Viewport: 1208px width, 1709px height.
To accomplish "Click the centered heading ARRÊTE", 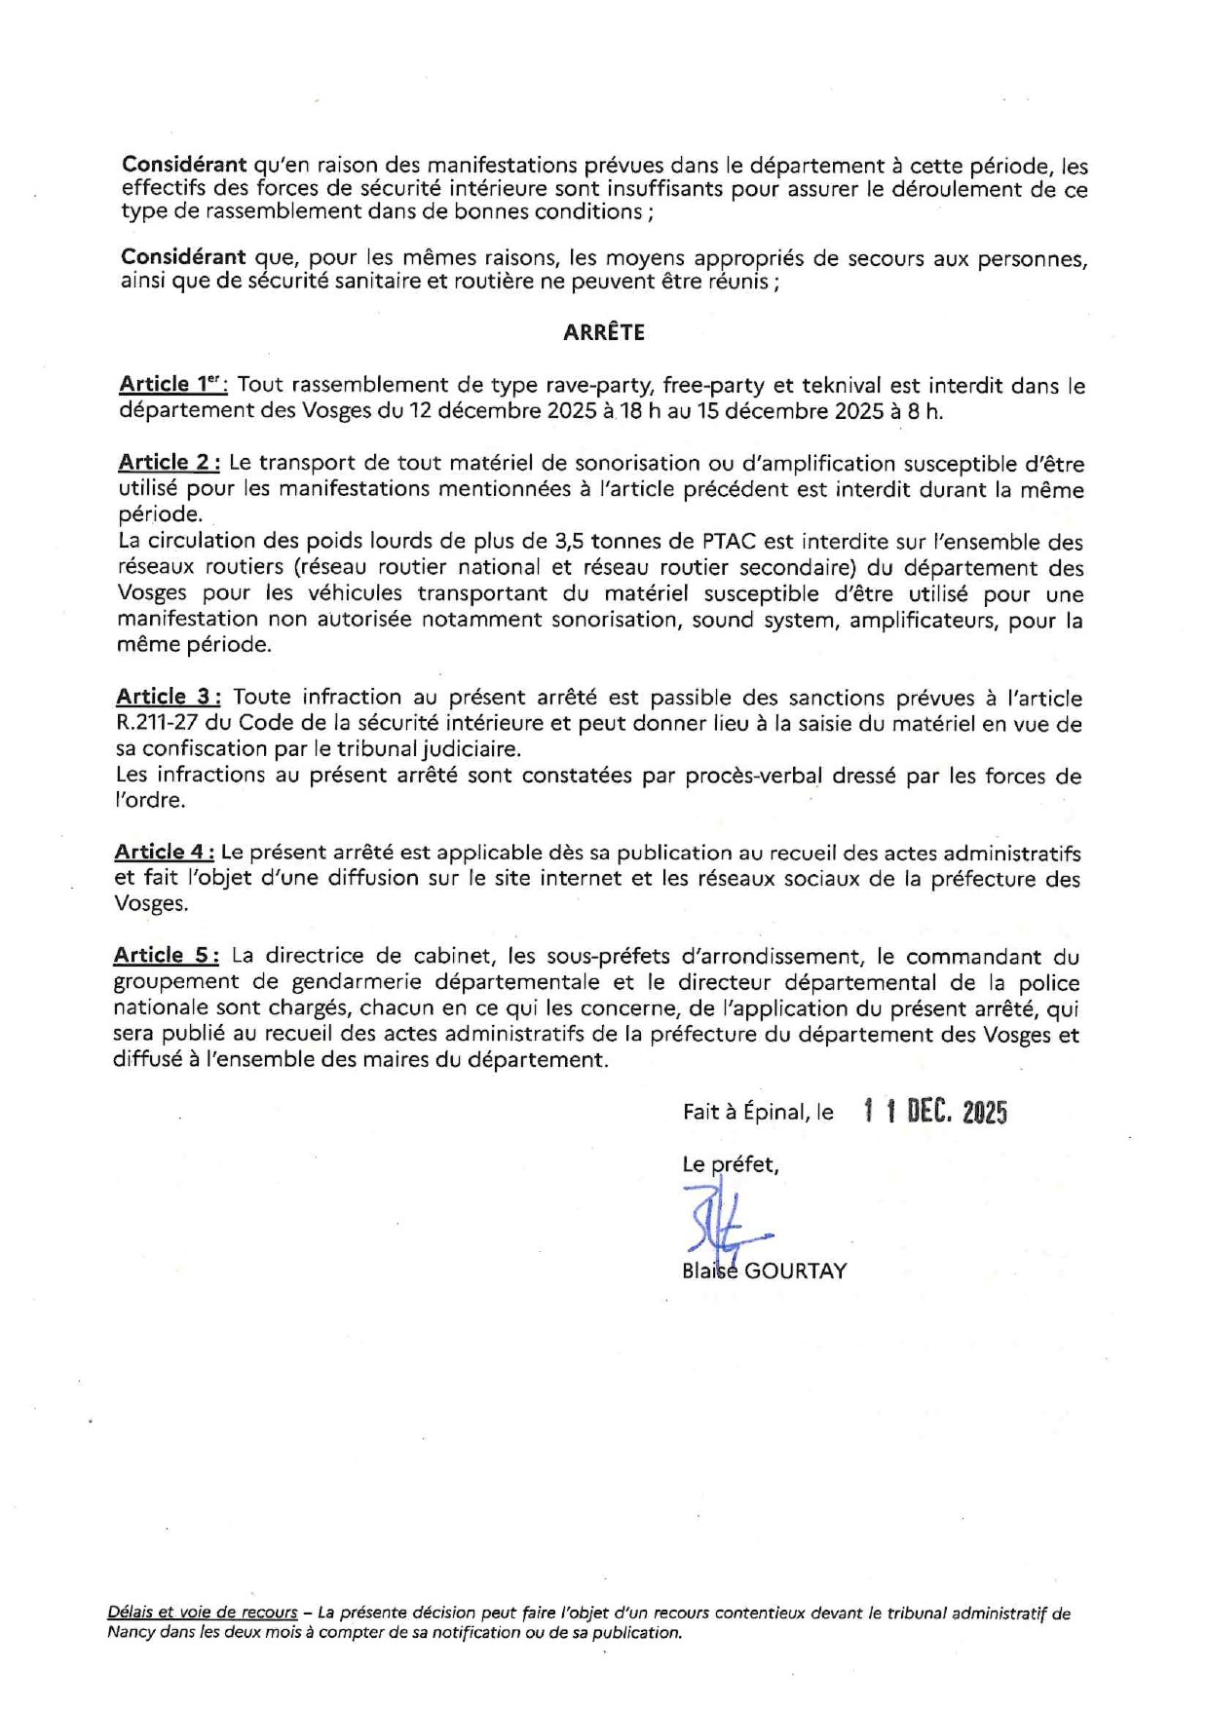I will [x=603, y=332].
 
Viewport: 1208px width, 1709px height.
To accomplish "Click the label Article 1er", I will [x=172, y=384].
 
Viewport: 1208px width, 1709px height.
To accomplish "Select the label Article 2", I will [x=170, y=463].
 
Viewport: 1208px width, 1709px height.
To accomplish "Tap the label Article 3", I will [x=169, y=697].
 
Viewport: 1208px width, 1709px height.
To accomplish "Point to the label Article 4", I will [x=164, y=852].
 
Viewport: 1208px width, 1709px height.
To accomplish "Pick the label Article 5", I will [x=166, y=956].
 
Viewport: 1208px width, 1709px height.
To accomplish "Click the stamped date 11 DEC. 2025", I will [x=935, y=1112].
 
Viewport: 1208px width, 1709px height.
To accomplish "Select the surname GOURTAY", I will [x=795, y=1271].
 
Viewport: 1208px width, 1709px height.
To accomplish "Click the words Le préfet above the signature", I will [x=730, y=1164].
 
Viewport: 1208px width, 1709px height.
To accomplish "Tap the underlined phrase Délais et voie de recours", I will [x=203, y=1614].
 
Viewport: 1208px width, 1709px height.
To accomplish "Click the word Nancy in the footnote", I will [x=131, y=1633].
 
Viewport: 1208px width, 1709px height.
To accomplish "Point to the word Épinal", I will [x=774, y=1112].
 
